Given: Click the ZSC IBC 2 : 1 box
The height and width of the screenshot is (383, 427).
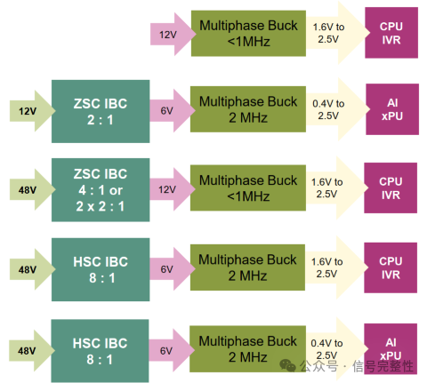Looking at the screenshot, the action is (101, 111).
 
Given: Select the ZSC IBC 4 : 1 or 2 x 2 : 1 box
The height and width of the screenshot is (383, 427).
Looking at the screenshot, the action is (101, 190).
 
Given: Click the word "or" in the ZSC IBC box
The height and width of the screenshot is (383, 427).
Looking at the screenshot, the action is (116, 190).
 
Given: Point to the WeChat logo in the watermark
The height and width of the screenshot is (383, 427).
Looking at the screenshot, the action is (287, 365).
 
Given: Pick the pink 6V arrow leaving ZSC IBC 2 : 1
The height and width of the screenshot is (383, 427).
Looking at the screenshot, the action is (173, 110).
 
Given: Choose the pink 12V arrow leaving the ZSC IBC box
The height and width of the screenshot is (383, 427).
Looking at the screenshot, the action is (173, 189).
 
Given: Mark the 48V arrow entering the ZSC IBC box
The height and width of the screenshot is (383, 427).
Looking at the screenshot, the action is (32, 189).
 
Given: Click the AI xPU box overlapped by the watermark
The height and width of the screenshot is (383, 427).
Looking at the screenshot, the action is (391, 348).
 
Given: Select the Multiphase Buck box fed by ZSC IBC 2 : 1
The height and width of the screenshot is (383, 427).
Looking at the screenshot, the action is (248, 109).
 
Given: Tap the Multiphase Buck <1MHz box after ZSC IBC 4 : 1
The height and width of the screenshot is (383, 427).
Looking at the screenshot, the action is (248, 188).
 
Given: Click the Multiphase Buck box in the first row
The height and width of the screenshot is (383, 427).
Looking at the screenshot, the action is (248, 34).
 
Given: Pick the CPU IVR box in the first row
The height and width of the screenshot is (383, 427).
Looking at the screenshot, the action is (391, 33).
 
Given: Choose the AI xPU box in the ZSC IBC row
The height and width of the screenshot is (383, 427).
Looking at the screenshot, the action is (392, 109).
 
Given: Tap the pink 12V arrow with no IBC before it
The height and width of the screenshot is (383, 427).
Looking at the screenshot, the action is (173, 34).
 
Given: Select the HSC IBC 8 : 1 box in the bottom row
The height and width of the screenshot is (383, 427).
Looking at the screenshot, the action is (100, 351).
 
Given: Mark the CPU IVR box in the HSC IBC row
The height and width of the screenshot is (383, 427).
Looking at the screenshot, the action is (391, 267).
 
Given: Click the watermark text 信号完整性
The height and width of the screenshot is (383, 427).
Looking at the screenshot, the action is (383, 366).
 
